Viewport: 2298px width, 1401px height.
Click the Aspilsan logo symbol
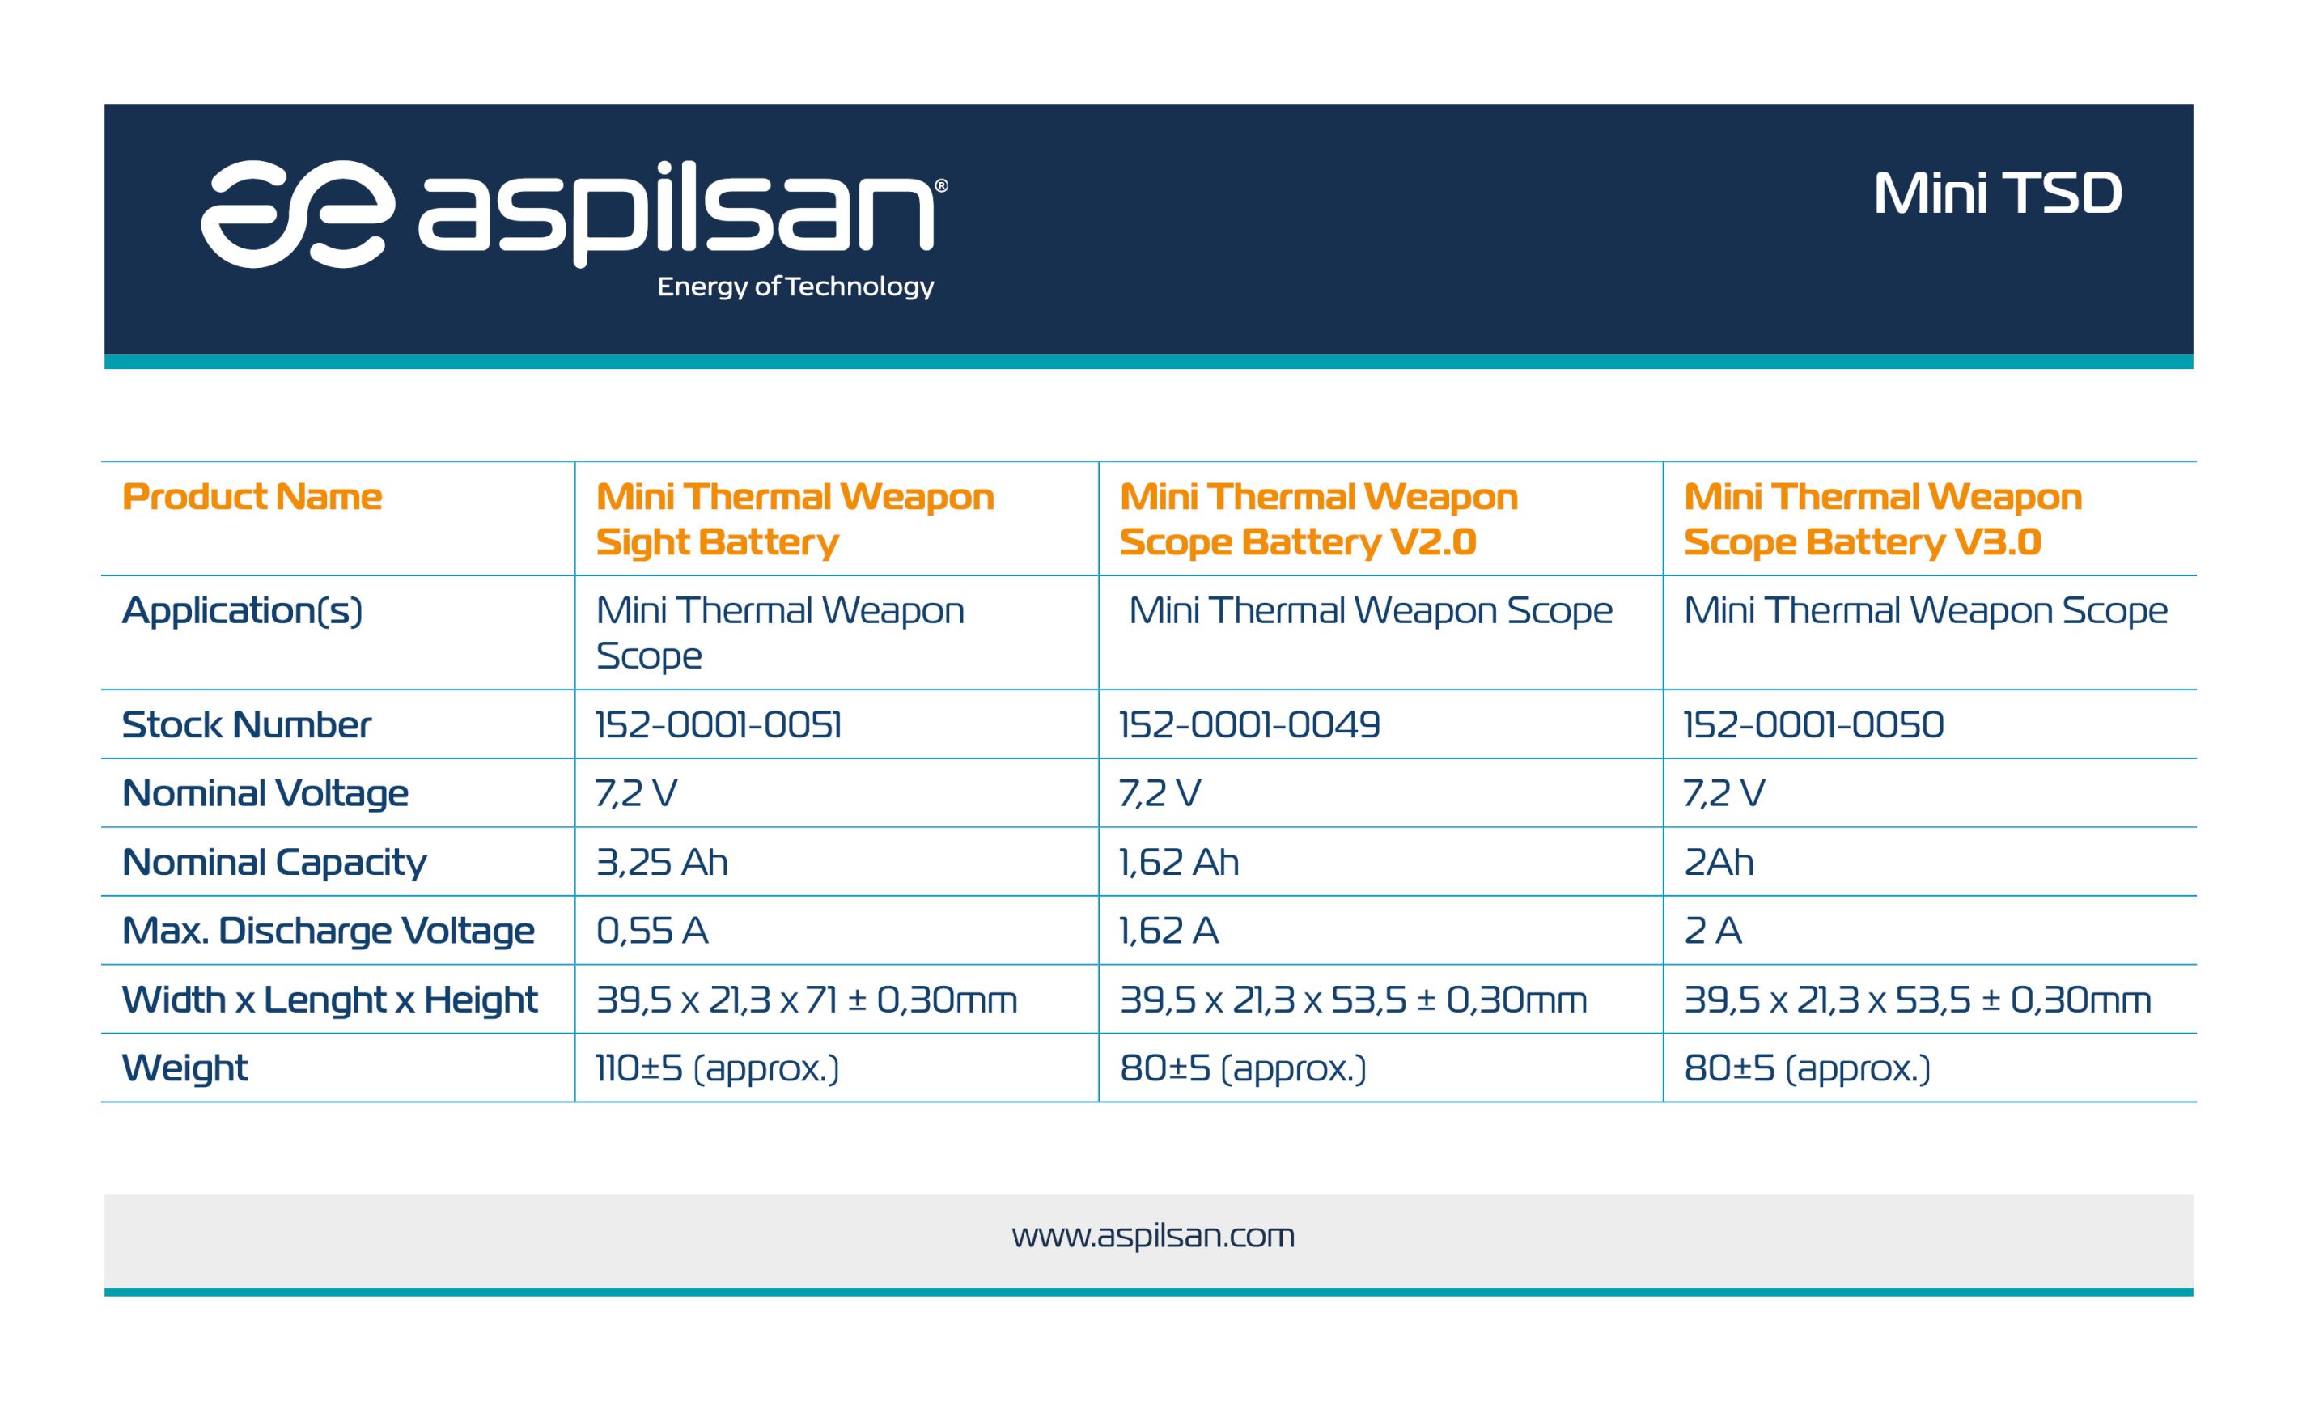298,214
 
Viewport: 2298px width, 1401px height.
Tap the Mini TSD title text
1998,193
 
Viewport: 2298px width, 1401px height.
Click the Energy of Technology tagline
795,287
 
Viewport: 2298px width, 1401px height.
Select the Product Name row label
252,496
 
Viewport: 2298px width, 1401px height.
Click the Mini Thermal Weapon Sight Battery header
795,519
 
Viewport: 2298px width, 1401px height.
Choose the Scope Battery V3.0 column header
1883,519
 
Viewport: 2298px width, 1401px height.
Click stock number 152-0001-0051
719,724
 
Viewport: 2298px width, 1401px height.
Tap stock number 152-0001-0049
1249,724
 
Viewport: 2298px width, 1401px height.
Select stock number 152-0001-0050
1814,724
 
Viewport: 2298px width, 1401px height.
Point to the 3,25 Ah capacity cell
662,862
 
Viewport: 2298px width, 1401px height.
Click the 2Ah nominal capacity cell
1719,862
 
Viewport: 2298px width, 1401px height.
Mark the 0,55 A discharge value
652,931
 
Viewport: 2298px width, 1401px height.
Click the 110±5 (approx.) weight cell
717,1068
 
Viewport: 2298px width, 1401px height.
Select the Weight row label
184,1068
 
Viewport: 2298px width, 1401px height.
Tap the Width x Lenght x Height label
330,1000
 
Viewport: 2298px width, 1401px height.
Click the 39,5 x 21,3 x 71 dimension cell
807,1000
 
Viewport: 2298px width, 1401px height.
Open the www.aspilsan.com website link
1154,1236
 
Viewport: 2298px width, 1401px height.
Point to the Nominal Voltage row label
265,794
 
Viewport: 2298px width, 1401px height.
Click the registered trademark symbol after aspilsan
941,185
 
